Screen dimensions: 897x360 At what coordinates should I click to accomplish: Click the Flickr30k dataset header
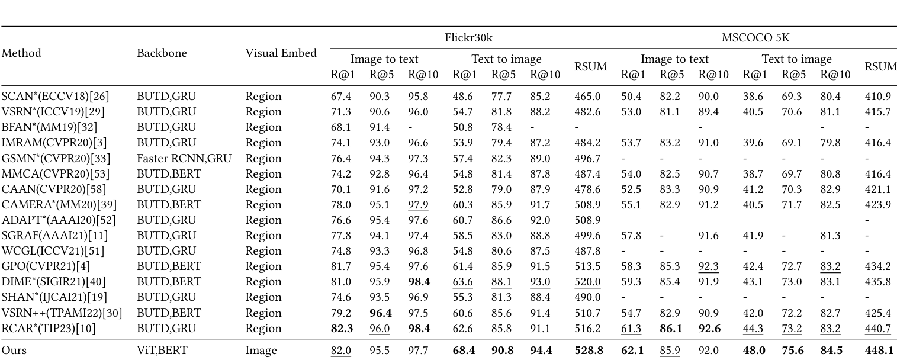tap(468, 38)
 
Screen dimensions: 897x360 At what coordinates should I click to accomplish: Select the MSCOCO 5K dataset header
tap(755, 38)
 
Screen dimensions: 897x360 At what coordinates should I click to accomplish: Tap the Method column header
tap(21, 53)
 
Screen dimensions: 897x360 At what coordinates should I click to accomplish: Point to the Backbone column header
tap(162, 53)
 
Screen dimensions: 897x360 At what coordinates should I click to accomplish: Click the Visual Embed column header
tap(281, 53)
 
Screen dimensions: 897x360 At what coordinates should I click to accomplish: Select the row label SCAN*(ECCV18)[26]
tap(55, 97)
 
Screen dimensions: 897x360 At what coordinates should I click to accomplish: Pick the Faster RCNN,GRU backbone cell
tap(184, 158)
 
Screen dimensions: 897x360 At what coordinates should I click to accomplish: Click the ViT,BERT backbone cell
tap(162, 351)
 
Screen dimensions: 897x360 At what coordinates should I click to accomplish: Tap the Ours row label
tap(14, 351)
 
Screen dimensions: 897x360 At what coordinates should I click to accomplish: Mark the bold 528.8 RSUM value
tap(589, 351)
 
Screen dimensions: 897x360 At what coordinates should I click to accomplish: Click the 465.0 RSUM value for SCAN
tap(589, 97)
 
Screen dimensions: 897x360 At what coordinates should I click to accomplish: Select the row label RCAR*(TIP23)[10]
tap(49, 328)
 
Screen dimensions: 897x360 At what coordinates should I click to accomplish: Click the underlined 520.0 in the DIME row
tap(589, 282)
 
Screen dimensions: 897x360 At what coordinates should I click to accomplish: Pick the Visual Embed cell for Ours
tap(261, 351)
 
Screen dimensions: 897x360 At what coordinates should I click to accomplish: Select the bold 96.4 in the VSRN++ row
tap(380, 313)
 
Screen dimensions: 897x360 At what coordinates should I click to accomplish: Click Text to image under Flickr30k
tap(506, 59)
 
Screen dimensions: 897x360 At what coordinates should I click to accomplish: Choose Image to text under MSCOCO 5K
tap(674, 59)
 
